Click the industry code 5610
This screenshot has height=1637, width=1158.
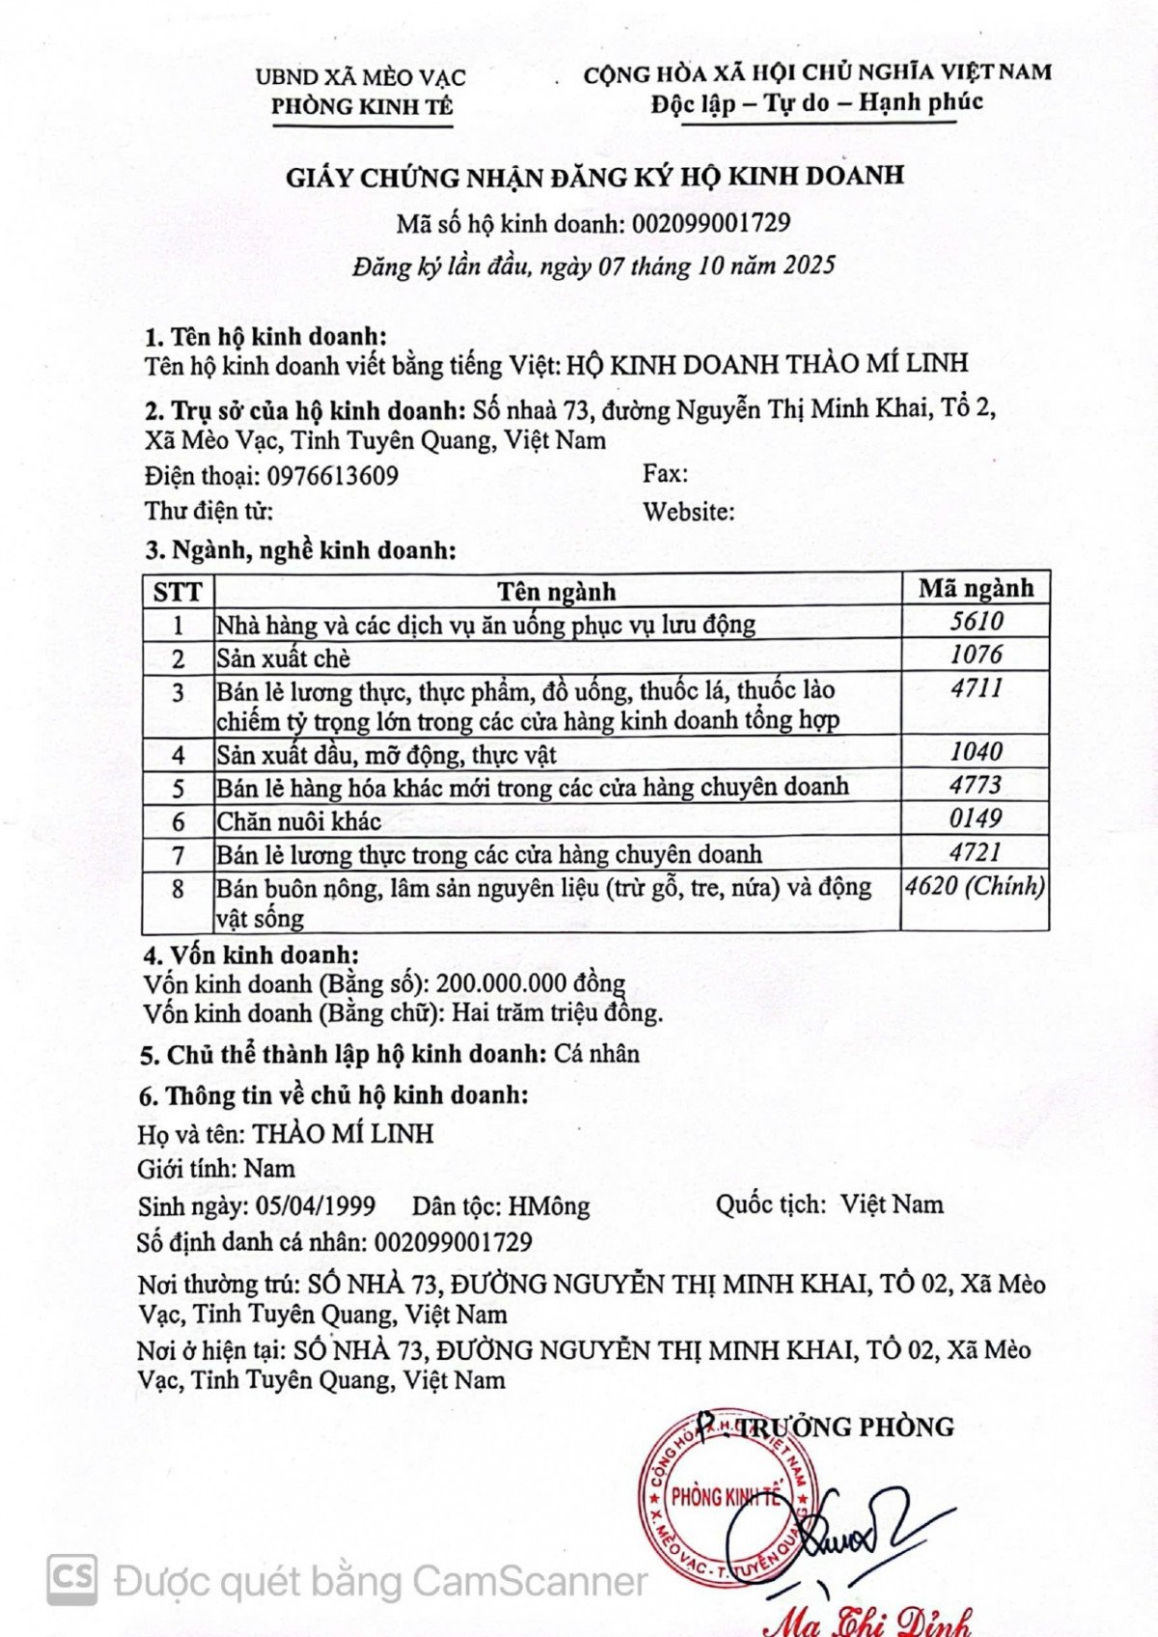976,622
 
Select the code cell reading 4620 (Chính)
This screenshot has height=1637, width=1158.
975,886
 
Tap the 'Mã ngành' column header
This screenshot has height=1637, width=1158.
975,588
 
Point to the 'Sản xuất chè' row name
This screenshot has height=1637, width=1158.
283,658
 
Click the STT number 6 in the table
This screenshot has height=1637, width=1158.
178,821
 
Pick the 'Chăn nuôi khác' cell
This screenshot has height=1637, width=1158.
298,821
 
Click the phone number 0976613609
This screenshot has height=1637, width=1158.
333,476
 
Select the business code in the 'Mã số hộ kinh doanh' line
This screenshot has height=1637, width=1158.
711,224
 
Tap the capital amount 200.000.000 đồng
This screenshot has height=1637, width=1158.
531,984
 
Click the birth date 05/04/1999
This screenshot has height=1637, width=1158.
316,1206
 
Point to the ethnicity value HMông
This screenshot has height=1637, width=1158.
549,1206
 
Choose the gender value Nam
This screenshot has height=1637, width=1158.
269,1169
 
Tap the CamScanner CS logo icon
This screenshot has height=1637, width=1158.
72,1579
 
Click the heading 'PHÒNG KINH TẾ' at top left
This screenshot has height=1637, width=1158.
361,107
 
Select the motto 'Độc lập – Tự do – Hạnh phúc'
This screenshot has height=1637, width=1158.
816,102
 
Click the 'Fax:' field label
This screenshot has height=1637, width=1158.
665,474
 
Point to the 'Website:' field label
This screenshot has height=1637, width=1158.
688,512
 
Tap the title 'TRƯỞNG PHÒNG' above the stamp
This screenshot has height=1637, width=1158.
845,1427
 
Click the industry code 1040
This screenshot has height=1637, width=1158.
976,752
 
